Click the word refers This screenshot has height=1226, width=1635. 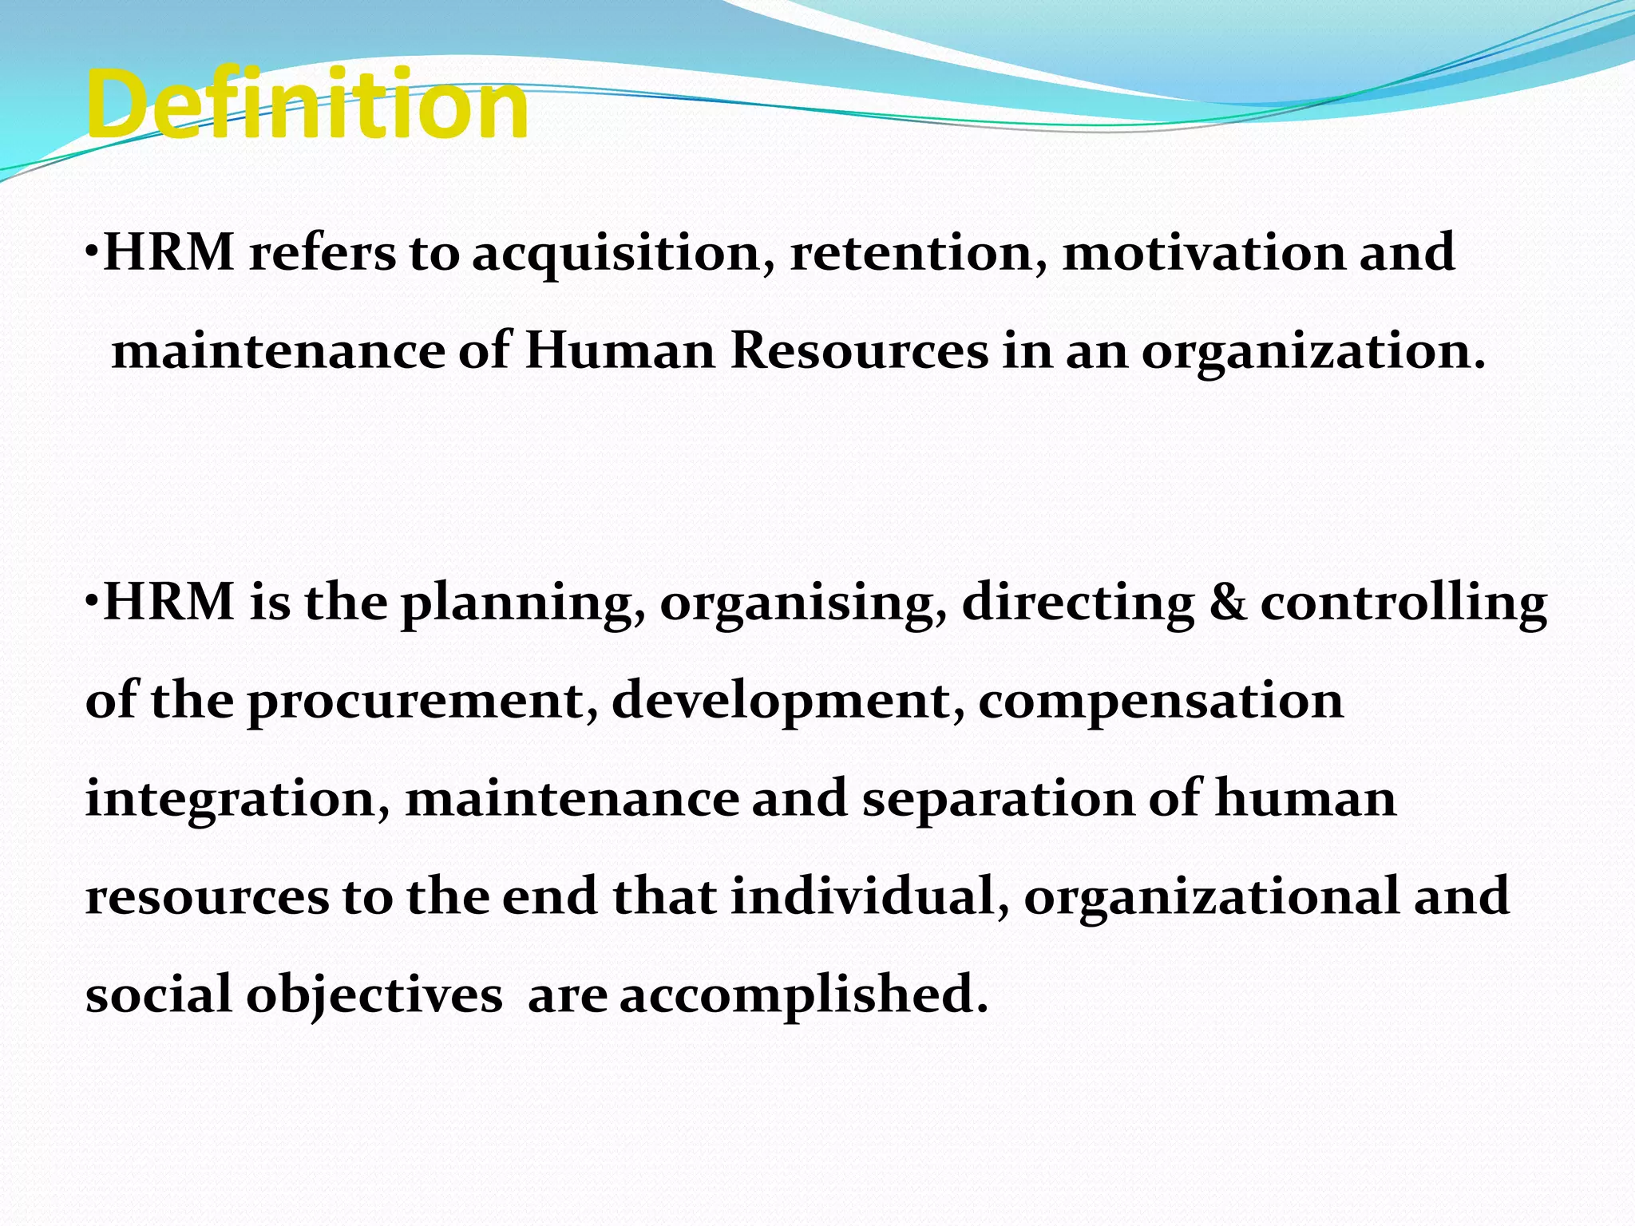pos(322,254)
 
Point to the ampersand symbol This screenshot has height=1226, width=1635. pos(1226,603)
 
